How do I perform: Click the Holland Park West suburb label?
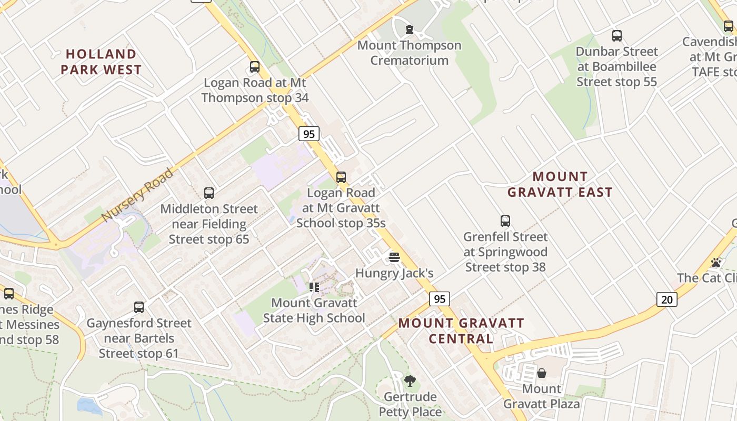pyautogui.click(x=101, y=62)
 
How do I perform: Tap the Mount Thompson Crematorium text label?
pyautogui.click(x=409, y=53)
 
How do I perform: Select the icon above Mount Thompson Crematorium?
pyautogui.click(x=409, y=29)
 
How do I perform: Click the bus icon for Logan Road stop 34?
pyautogui.click(x=255, y=67)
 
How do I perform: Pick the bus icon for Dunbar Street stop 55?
pyautogui.click(x=616, y=36)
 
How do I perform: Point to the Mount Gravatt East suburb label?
pyautogui.click(x=560, y=184)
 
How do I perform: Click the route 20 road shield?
pyautogui.click(x=666, y=299)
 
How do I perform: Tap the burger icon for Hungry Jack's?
pyautogui.click(x=394, y=257)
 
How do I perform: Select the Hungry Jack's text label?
pyautogui.click(x=394, y=273)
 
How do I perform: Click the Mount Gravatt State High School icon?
pyautogui.click(x=314, y=287)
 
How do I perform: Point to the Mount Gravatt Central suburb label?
pyautogui.click(x=461, y=330)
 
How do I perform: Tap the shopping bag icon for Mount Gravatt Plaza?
pyautogui.click(x=541, y=373)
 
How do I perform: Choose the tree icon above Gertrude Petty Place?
pyautogui.click(x=410, y=380)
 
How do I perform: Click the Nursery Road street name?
pyautogui.click(x=137, y=195)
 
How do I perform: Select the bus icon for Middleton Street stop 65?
pyautogui.click(x=209, y=193)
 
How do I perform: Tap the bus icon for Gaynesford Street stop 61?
pyautogui.click(x=139, y=307)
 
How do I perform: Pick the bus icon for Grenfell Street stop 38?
pyautogui.click(x=505, y=221)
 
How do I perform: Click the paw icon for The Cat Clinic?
pyautogui.click(x=716, y=262)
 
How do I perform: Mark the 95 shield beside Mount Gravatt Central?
pyautogui.click(x=440, y=299)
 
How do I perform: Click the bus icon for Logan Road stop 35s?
pyautogui.click(x=341, y=177)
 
